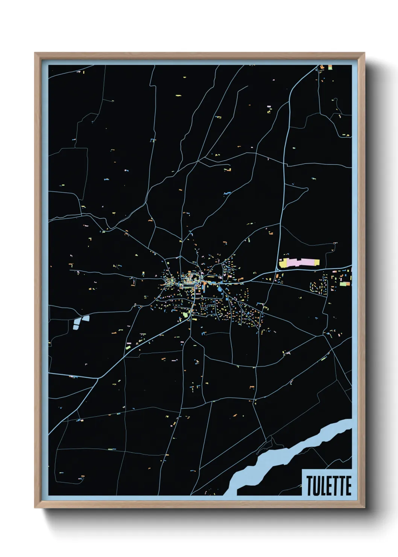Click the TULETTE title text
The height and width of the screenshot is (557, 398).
tap(328, 486)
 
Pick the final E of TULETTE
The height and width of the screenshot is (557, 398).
tap(348, 486)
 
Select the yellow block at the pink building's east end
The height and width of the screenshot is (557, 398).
tap(315, 262)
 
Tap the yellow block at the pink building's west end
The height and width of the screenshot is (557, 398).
tap(284, 263)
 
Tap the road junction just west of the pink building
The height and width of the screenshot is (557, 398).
tap(277, 269)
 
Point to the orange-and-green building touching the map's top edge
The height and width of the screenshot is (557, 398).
tap(330, 67)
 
